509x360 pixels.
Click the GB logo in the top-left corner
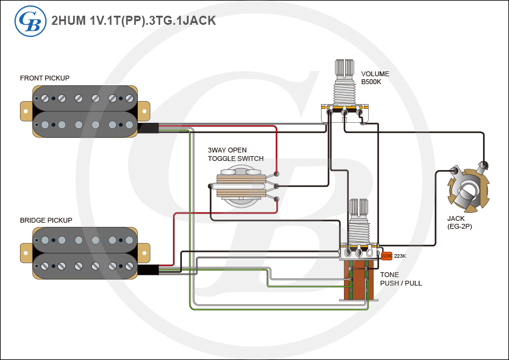click(27, 20)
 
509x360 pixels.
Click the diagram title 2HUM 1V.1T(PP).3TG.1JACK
click(134, 20)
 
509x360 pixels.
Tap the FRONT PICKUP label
click(45, 78)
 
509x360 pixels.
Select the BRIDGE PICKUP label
click(46, 220)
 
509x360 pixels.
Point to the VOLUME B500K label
click(375, 77)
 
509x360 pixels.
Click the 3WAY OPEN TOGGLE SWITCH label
click(235, 154)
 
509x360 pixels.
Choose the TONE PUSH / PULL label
click(401, 278)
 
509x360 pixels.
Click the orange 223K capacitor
click(386, 256)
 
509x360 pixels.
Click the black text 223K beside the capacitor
click(400, 256)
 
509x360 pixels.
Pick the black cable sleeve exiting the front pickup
click(148, 128)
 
